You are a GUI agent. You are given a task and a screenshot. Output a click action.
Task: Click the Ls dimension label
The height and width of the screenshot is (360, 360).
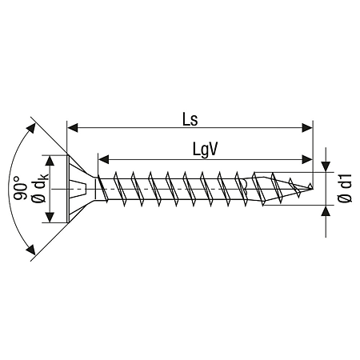(x=190, y=119)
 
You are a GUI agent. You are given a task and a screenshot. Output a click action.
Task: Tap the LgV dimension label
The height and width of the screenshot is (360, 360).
(x=206, y=150)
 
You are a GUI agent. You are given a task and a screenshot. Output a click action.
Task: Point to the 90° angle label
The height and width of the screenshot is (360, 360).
(x=20, y=188)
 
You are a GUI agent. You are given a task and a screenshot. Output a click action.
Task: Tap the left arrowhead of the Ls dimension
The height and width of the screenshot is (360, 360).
(x=73, y=128)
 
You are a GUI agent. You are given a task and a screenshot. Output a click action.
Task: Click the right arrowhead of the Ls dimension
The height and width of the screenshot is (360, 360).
(x=307, y=128)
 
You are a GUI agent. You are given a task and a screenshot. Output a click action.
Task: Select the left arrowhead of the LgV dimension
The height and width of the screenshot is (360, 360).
(x=103, y=159)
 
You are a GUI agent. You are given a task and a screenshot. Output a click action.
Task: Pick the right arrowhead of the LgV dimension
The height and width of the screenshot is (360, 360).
(x=306, y=159)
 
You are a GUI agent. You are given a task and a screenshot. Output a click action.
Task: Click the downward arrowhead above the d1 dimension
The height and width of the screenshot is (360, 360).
(x=326, y=166)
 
